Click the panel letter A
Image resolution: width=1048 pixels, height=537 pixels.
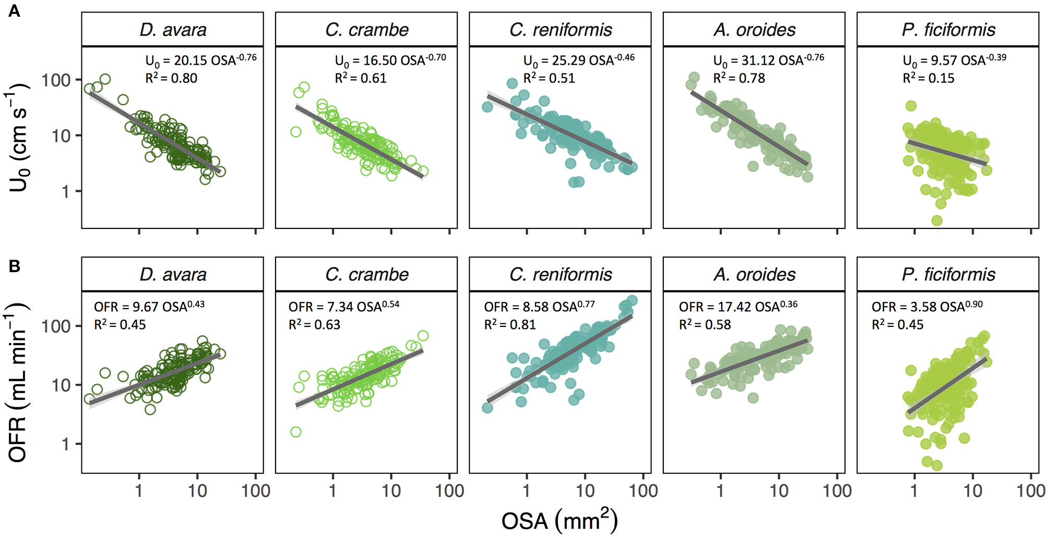pyautogui.click(x=14, y=11)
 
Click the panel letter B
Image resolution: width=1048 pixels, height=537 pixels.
pyautogui.click(x=14, y=266)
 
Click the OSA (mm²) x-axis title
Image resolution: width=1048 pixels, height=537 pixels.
pyautogui.click(x=559, y=520)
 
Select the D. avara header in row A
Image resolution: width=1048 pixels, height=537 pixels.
pyautogui.click(x=173, y=30)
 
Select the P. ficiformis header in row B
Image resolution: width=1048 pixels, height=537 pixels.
pyautogui.click(x=948, y=274)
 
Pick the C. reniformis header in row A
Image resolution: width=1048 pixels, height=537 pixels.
pyautogui.click(x=561, y=30)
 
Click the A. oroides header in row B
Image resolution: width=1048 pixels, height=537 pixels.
pyautogui.click(x=755, y=274)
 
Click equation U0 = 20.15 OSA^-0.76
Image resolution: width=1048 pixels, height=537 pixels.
pyautogui.click(x=200, y=60)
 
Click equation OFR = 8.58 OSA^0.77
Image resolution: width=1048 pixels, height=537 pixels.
pyautogui.click(x=539, y=306)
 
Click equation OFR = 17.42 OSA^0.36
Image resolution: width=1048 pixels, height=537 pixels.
pyautogui.click(x=737, y=306)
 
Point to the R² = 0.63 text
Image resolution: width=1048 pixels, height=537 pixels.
pyautogui.click(x=314, y=325)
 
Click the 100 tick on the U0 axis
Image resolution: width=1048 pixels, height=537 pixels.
pyautogui.click(x=56, y=80)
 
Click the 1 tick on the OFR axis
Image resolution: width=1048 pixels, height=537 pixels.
pyautogui.click(x=65, y=444)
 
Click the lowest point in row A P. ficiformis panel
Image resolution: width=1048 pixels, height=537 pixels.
pyautogui.click(x=937, y=221)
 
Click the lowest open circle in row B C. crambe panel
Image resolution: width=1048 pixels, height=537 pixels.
pyautogui.click(x=295, y=432)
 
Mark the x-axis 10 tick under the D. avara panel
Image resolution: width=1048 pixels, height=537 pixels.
pyautogui.click(x=197, y=491)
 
